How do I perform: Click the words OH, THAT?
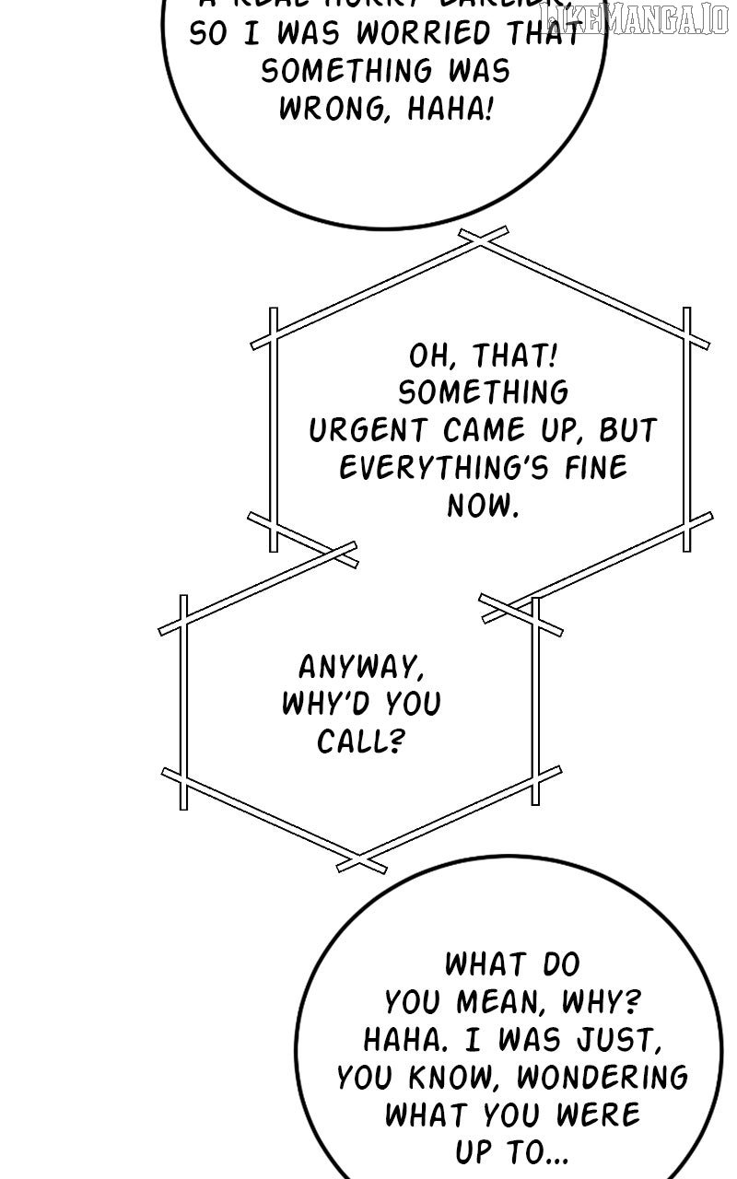pyautogui.click(x=483, y=356)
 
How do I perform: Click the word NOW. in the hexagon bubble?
pyautogui.click(x=483, y=505)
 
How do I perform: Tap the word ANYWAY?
pyautogui.click(x=361, y=666)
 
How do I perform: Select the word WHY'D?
pyautogui.click(x=320, y=704)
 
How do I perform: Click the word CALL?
pyautogui.click(x=361, y=741)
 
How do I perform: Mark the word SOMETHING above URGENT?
pyautogui.click(x=483, y=393)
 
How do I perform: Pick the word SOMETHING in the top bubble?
pyautogui.click(x=392, y=72)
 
